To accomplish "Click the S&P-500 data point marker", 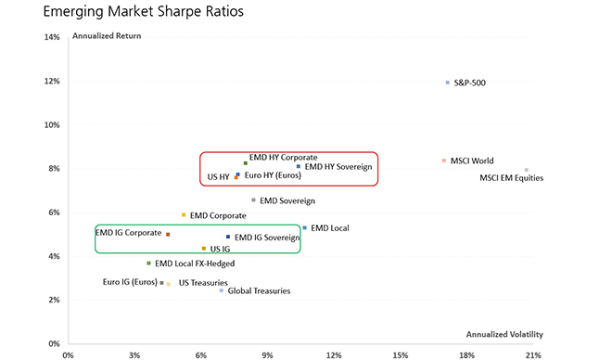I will (x=447, y=83).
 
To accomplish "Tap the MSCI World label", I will (x=472, y=161).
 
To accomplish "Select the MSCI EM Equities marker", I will (x=527, y=170).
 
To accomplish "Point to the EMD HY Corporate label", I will (x=283, y=158).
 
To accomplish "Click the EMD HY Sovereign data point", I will (x=298, y=167).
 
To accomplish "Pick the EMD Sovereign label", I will (x=287, y=200).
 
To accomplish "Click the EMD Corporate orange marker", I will (x=184, y=214).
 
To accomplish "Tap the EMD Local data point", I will (x=304, y=227).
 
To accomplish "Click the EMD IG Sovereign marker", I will (x=227, y=237).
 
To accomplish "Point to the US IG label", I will (x=221, y=249).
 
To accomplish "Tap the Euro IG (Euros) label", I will (x=129, y=282).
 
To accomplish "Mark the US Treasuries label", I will (x=202, y=282).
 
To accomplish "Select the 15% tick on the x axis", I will (x=401, y=354).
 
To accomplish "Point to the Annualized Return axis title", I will (x=106, y=36).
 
